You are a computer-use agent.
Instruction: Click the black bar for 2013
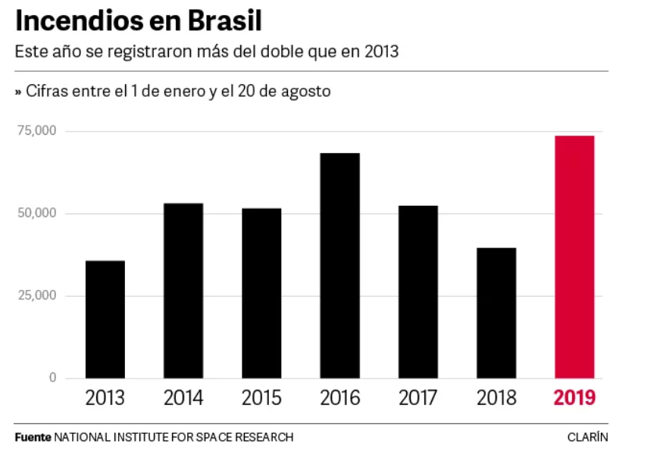pyautogui.click(x=105, y=319)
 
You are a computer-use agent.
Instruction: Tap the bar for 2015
pyautogui.click(x=261, y=293)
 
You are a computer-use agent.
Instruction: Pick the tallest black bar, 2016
pyautogui.click(x=339, y=265)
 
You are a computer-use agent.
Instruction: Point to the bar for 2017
pyautogui.click(x=418, y=291)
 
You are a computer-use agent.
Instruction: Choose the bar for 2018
pyautogui.click(x=496, y=313)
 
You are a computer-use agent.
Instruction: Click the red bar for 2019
pyautogui.click(x=574, y=257)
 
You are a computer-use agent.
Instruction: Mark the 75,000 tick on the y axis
pyautogui.click(x=37, y=131)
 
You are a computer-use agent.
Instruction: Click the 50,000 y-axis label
pyautogui.click(x=37, y=213)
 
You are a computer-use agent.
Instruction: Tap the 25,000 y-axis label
pyautogui.click(x=37, y=295)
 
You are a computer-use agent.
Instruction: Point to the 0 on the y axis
pyautogui.click(x=53, y=378)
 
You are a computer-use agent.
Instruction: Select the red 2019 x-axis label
pyautogui.click(x=574, y=398)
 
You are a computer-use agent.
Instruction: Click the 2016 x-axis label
pyautogui.click(x=339, y=398)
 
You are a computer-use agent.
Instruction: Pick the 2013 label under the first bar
pyautogui.click(x=105, y=398)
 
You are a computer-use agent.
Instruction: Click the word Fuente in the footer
pyautogui.click(x=33, y=438)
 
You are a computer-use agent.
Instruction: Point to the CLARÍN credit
pyautogui.click(x=587, y=438)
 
